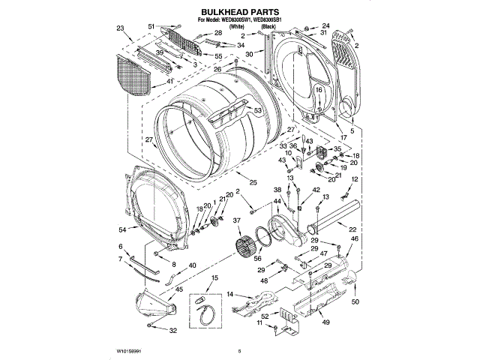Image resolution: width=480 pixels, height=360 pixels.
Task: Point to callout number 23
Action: point(120,28)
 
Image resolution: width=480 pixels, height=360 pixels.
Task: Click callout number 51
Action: point(151,27)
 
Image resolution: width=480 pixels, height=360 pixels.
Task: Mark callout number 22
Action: point(352,229)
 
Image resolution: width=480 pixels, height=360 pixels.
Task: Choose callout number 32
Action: point(173,331)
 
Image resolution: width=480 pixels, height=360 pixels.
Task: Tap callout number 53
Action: point(257,111)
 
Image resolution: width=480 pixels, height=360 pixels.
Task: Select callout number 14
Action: point(230,294)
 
